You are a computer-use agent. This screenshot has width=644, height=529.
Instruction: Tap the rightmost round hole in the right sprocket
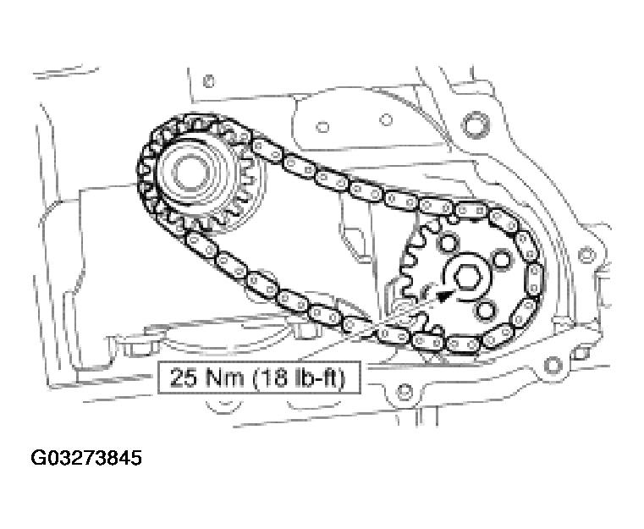point(502,257)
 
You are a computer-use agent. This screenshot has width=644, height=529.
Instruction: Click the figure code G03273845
point(86,459)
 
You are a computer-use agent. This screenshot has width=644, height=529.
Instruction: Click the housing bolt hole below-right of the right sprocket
point(552,366)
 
